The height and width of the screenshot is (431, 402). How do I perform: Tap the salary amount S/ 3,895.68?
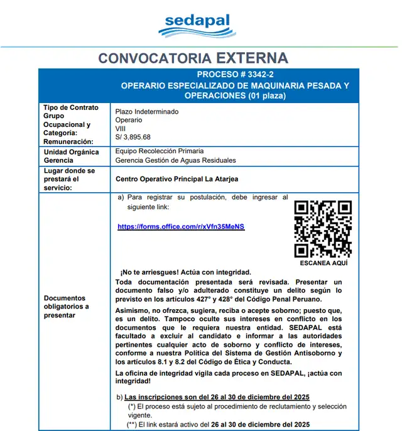pyautogui.click(x=133, y=137)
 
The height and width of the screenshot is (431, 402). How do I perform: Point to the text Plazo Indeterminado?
pyautogui.click(x=147, y=111)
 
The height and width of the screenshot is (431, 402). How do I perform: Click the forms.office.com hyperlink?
pyautogui.click(x=181, y=226)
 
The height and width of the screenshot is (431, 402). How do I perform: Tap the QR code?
pyautogui.click(x=323, y=229)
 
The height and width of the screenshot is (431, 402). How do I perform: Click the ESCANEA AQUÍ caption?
pyautogui.click(x=323, y=263)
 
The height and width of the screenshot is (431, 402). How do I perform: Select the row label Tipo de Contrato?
pyautogui.click(x=71, y=107)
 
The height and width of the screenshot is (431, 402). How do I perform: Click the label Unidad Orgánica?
pyautogui.click(x=72, y=152)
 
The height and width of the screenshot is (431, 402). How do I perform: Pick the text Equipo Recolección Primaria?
pyautogui.click(x=160, y=151)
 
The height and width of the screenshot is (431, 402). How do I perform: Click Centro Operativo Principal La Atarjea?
pyautogui.click(x=177, y=179)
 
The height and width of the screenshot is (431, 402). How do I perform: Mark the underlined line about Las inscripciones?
pyautogui.click(x=216, y=397)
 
